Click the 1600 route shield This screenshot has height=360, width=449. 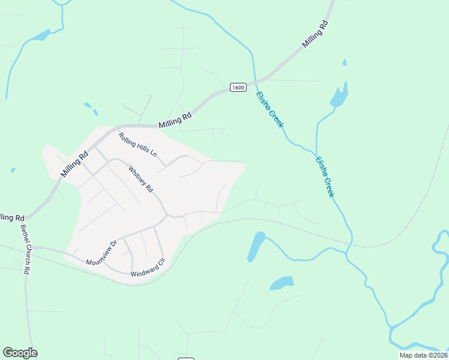pyautogui.click(x=238, y=88)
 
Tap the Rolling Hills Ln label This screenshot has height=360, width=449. pyautogui.click(x=137, y=145)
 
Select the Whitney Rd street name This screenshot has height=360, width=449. pyautogui.click(x=140, y=178)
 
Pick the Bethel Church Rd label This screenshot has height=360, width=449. pyautogui.click(x=25, y=250)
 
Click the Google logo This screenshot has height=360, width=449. pyautogui.click(x=20, y=353)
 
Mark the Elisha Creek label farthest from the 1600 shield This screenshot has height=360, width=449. pyautogui.click(x=324, y=176)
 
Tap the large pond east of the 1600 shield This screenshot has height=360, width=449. pyautogui.click(x=339, y=96)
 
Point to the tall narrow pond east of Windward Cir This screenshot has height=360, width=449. pyautogui.click(x=256, y=246)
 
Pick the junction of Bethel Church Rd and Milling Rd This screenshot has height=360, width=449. pyautogui.click(x=26, y=217)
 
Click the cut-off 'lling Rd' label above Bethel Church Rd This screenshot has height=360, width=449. pyautogui.click(x=12, y=217)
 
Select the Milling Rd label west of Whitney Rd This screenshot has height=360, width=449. pyautogui.click(x=74, y=163)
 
